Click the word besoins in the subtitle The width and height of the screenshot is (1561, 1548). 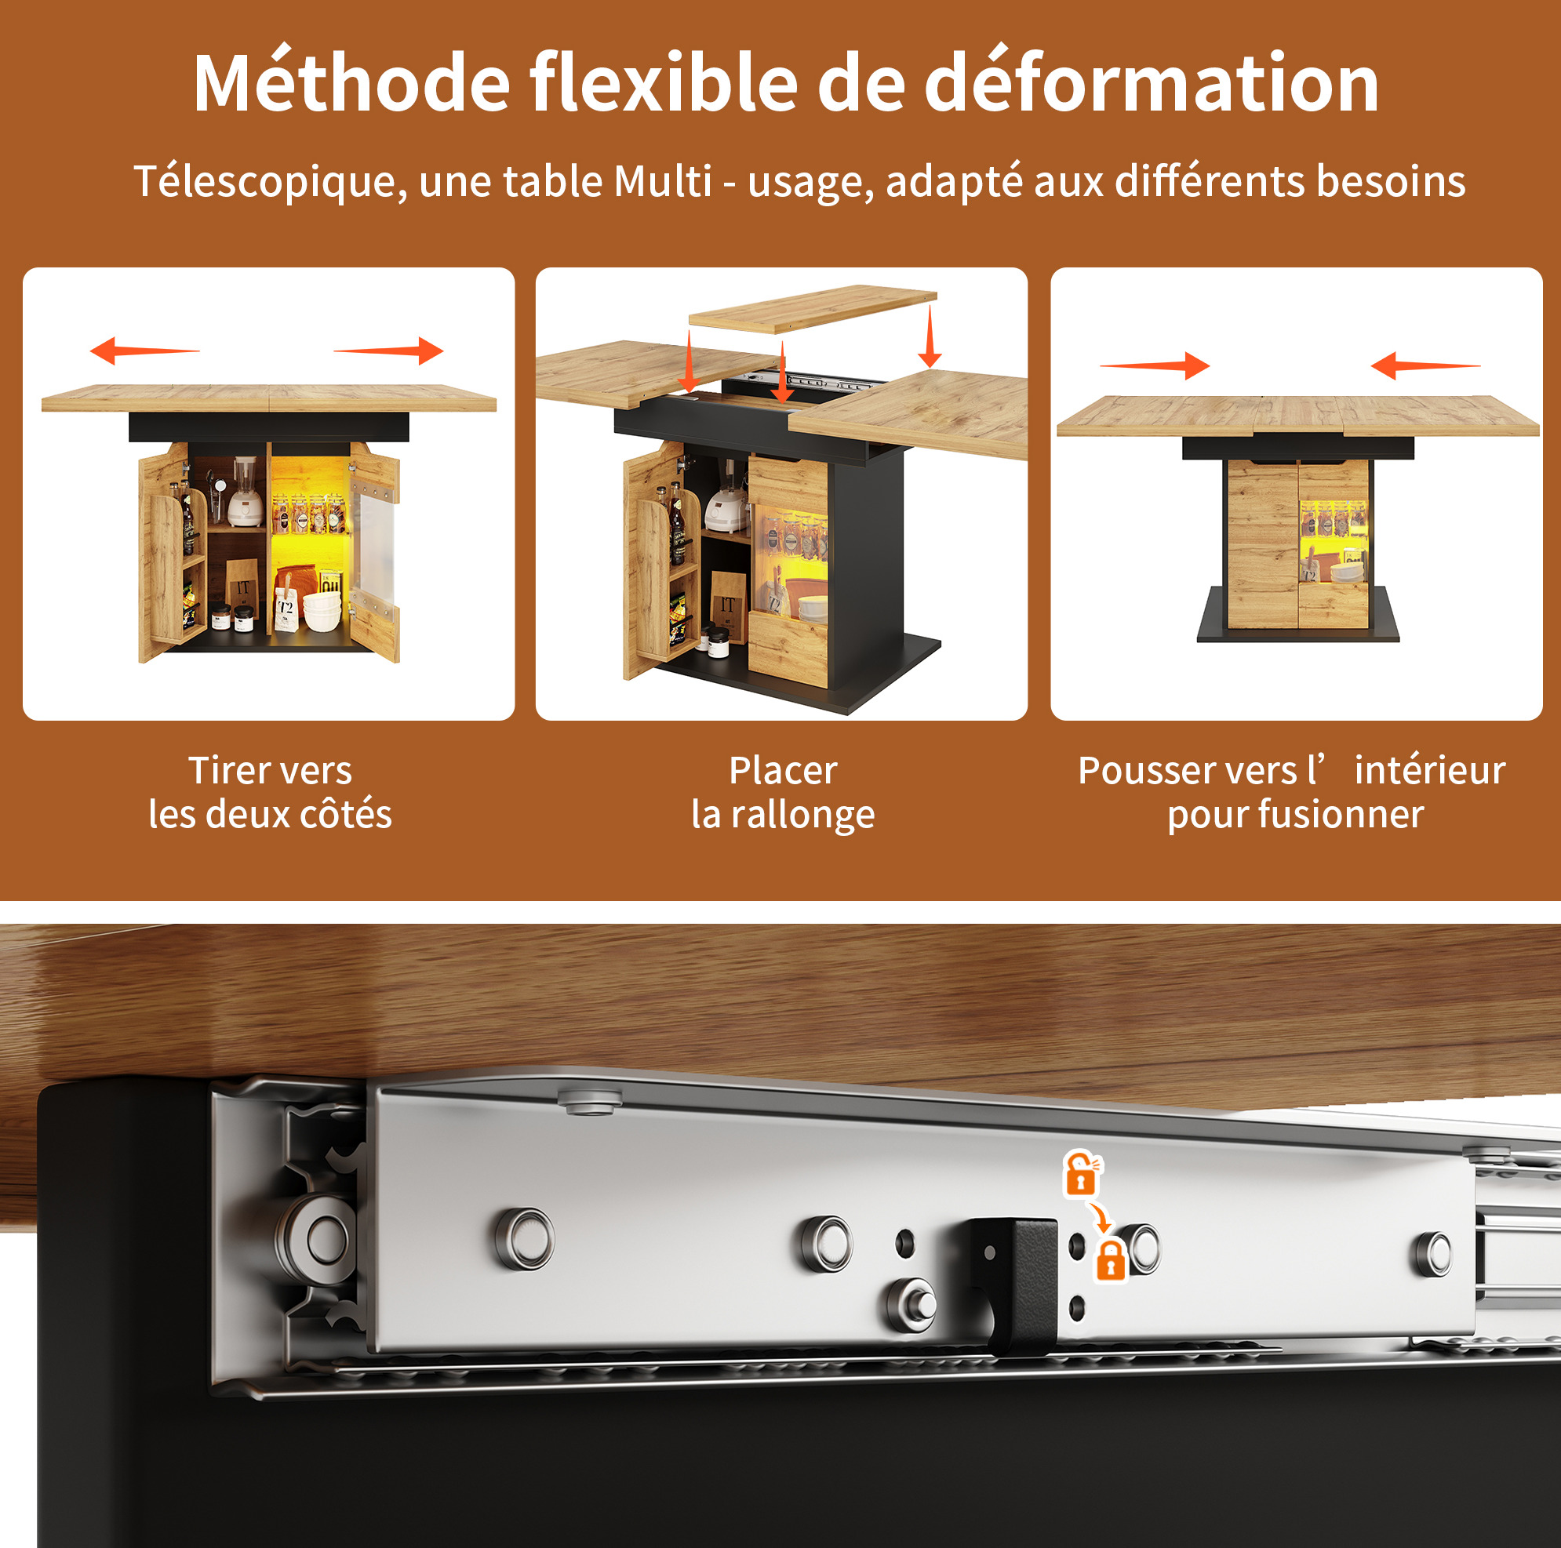click(1391, 180)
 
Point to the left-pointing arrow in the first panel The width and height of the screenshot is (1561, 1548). click(144, 351)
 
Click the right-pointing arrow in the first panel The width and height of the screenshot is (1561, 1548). click(388, 351)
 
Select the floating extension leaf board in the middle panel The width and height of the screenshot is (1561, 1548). click(813, 309)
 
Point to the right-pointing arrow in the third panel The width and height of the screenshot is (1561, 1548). click(1155, 366)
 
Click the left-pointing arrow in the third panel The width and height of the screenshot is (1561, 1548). click(1426, 366)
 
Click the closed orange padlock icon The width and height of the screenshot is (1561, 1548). click(1111, 1260)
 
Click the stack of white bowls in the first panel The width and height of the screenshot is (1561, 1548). click(322, 612)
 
